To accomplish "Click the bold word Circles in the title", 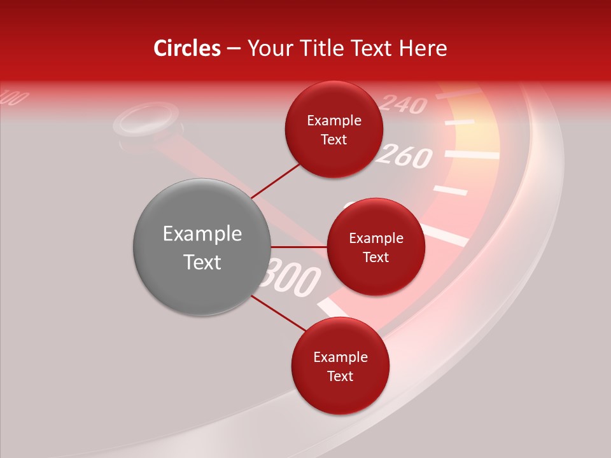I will pyautogui.click(x=187, y=48).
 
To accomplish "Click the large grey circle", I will pyautogui.click(x=202, y=247).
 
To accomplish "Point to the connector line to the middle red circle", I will pyautogui.click(x=299, y=247).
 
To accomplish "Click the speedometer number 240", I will pyautogui.click(x=404, y=103).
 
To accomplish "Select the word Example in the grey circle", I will pyautogui.click(x=202, y=234).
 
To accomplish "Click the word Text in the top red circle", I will pyautogui.click(x=334, y=139).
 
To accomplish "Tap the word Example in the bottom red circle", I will pyautogui.click(x=340, y=357).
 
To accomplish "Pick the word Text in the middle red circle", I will pyautogui.click(x=376, y=257).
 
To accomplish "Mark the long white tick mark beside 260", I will pyautogui.click(x=472, y=154).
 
